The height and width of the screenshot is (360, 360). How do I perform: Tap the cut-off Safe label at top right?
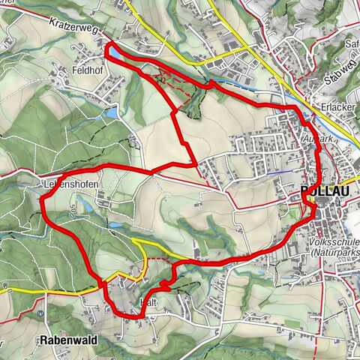pyautogui.click(x=351, y=43)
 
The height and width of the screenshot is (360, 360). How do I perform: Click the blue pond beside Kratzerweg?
pyautogui.click(x=117, y=52)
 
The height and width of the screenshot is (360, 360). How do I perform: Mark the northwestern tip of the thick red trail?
pyautogui.click(x=107, y=46)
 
